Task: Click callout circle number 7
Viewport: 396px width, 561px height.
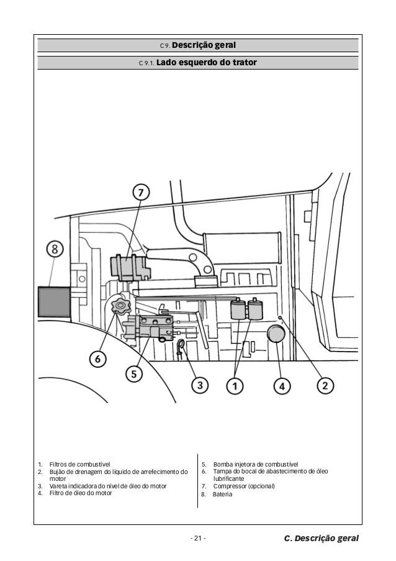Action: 142,193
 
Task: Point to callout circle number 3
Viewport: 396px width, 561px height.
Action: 199,385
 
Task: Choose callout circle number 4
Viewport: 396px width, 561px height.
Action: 282,385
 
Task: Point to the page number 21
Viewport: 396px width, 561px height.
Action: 198,537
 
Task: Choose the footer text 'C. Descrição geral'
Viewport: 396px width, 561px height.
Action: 321,537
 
